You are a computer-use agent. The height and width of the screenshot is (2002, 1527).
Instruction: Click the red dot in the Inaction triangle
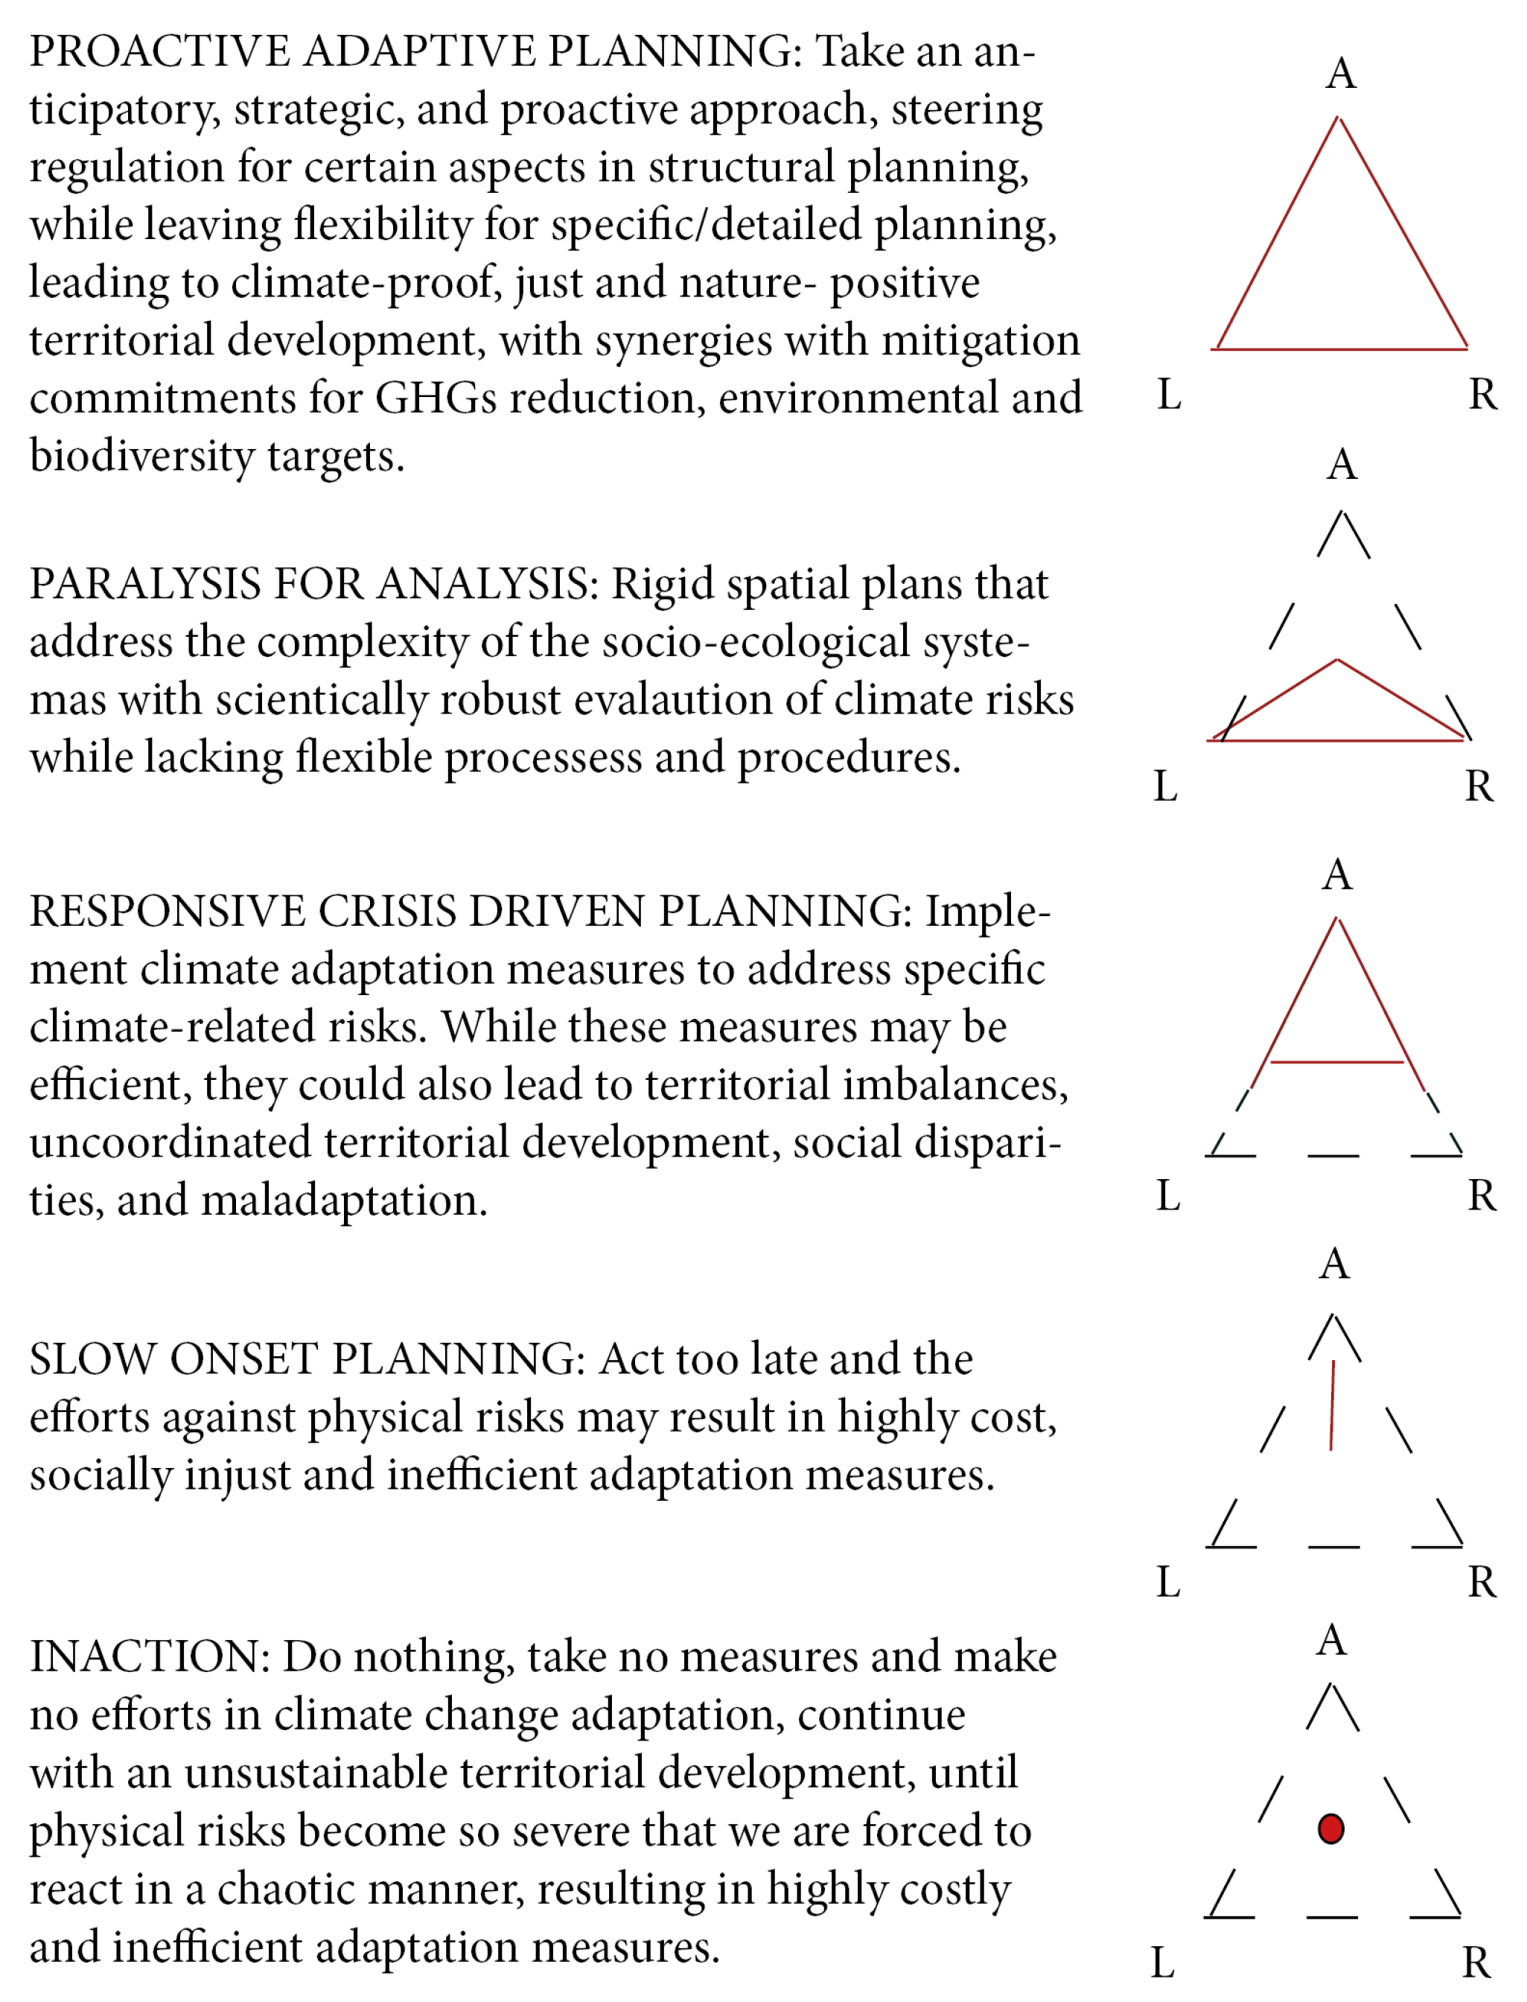[1330, 1828]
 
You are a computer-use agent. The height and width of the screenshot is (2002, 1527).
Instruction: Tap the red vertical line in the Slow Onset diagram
[1333, 1405]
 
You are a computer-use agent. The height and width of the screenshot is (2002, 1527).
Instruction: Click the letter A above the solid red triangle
[1342, 74]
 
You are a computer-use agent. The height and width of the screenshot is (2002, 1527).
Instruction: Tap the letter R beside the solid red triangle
[1483, 395]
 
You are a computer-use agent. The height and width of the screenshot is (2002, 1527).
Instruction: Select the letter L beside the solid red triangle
[1169, 395]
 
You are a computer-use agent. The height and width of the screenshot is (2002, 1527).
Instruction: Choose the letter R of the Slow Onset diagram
[1482, 1583]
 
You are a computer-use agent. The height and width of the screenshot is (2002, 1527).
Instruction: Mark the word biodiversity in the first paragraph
[141, 457]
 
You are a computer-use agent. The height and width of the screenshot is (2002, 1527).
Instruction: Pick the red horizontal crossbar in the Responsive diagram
[1336, 1061]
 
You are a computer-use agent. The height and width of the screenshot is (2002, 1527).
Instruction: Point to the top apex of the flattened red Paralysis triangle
[1338, 661]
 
